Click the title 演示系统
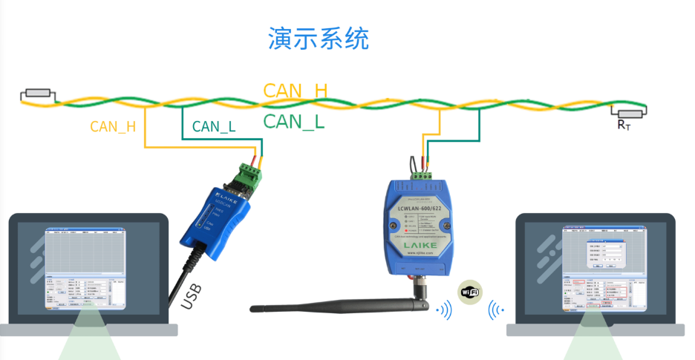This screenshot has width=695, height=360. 318,39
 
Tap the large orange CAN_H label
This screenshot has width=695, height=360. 295,91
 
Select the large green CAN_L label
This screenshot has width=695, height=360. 294,122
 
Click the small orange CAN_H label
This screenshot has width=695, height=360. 113,126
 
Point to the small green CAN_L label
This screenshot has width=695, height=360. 214,127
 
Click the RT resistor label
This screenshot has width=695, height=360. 623,125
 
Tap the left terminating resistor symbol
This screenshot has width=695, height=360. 37,94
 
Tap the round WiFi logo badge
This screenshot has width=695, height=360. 470,292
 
